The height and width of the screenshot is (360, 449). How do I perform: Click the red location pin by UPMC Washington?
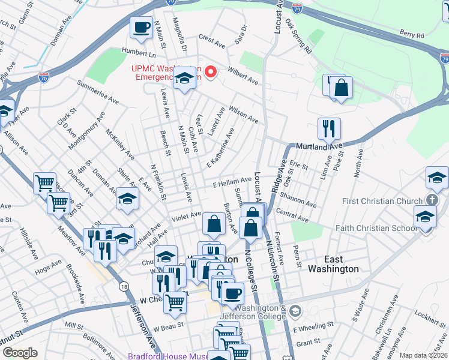click(x=211, y=73)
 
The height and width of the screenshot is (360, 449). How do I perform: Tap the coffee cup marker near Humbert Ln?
click(x=142, y=28)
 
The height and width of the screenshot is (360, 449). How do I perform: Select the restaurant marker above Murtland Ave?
click(x=329, y=128)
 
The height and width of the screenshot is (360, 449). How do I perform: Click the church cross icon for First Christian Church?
click(x=432, y=200)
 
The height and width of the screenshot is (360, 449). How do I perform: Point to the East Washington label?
click(x=333, y=264)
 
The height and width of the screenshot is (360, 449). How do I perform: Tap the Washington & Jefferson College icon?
click(x=295, y=311)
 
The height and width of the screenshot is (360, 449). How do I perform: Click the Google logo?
click(x=20, y=353)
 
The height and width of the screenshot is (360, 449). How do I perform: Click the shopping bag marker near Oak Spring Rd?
click(x=341, y=88)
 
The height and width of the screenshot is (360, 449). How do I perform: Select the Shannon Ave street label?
click(x=298, y=200)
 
